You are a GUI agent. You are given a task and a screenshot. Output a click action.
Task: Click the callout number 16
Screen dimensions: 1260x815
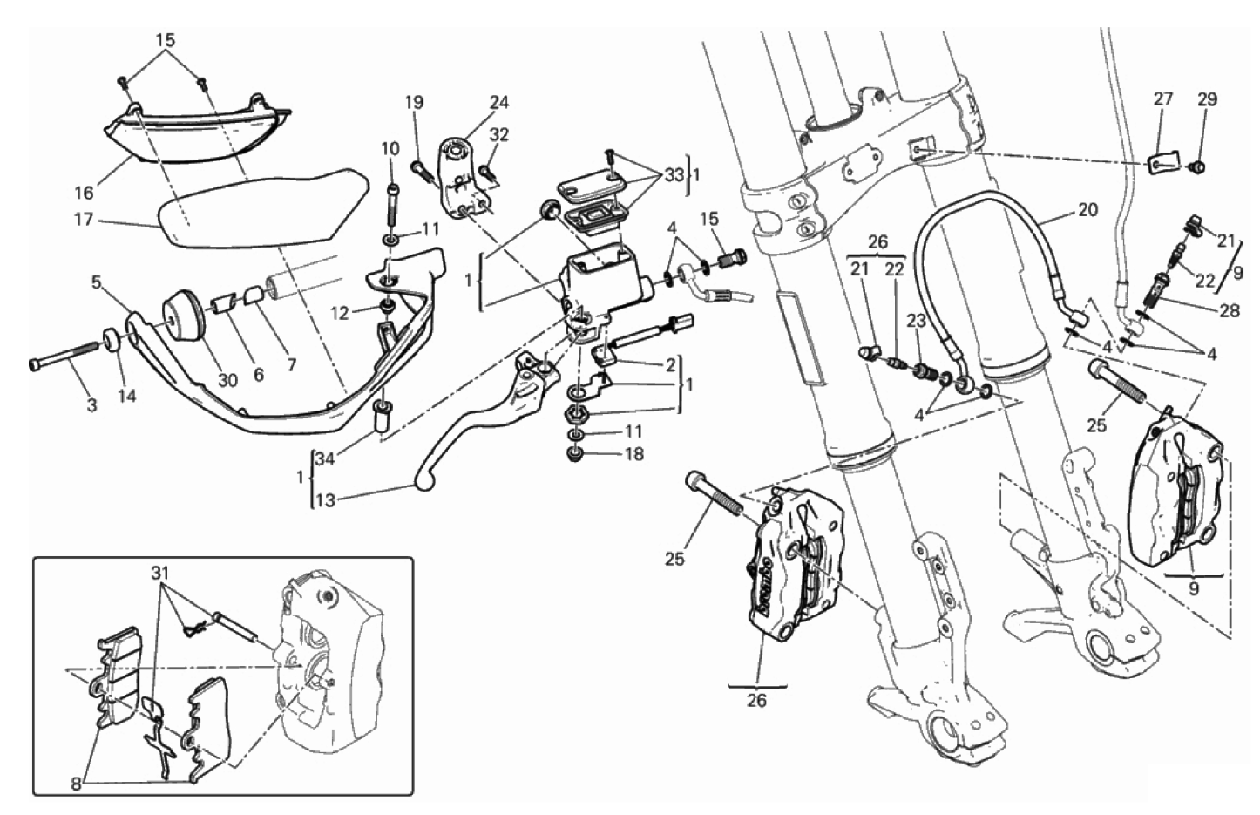tap(84, 194)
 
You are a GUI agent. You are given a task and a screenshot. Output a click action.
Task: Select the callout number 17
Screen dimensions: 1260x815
tap(84, 219)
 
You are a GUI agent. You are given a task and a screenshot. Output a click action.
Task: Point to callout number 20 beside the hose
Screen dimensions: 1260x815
tap(1087, 210)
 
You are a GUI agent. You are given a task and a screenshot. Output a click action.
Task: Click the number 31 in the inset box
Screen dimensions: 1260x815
tap(159, 574)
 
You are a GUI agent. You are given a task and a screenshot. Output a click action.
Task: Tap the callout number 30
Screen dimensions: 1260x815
tap(227, 381)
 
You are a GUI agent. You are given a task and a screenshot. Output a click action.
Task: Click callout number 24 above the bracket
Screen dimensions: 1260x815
tap(499, 103)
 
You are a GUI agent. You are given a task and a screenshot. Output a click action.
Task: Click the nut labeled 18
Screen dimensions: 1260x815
tap(574, 455)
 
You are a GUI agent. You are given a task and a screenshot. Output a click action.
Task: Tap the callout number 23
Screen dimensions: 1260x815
tap(917, 321)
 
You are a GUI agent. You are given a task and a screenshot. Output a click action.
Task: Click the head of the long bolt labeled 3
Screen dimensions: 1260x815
tap(35, 365)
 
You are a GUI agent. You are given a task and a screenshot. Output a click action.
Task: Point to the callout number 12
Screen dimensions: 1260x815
tap(341, 313)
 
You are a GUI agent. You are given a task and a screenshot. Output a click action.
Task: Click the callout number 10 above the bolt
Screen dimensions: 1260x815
tap(390, 148)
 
